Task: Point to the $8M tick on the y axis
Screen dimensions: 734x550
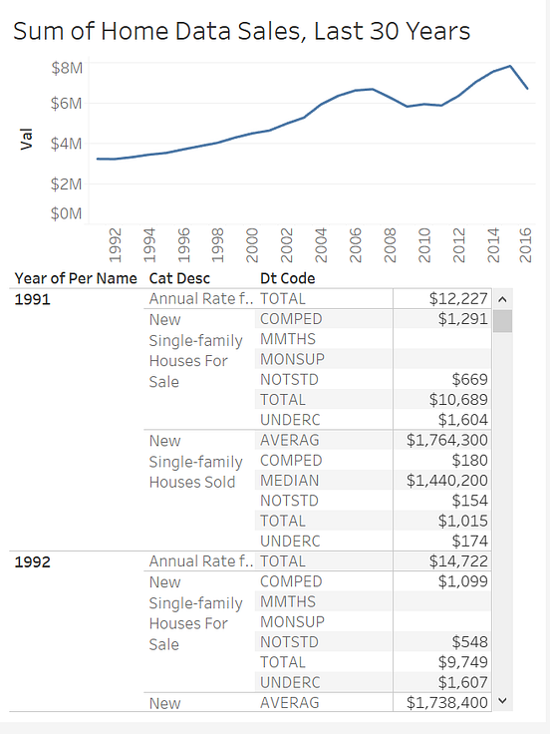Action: [x=67, y=69]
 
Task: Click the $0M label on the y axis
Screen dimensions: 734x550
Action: [x=67, y=213]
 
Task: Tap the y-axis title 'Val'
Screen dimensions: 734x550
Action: [x=27, y=140]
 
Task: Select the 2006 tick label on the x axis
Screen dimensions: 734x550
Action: [x=355, y=244]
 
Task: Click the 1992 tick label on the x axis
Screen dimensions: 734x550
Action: [x=115, y=244]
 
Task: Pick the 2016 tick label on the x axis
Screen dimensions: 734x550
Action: [x=526, y=244]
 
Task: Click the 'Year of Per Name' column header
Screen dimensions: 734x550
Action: [x=76, y=278]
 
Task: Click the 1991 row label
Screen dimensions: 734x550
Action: [x=32, y=298]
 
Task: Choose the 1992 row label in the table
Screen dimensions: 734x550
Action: [x=32, y=561]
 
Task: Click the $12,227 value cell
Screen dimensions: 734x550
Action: [x=457, y=298]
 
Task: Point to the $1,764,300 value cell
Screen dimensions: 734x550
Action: [x=447, y=440]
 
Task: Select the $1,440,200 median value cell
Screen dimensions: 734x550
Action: [x=447, y=481]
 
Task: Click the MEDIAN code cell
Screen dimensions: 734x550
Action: [x=290, y=481]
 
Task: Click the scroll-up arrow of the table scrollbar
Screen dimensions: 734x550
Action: [x=502, y=298]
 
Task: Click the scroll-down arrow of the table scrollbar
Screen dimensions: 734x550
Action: [x=502, y=701]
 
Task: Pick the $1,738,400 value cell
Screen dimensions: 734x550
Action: [x=447, y=703]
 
